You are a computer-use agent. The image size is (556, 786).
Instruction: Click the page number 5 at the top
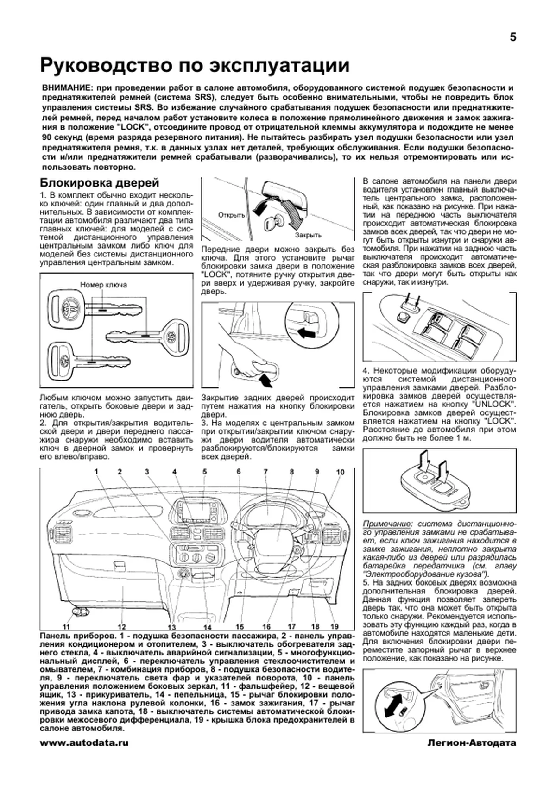[512, 37]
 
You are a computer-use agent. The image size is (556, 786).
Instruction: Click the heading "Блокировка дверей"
[100, 183]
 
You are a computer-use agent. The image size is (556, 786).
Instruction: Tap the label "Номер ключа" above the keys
[103, 285]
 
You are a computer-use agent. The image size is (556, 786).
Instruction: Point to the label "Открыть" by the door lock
[231, 215]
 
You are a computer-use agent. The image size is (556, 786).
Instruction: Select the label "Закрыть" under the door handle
[308, 235]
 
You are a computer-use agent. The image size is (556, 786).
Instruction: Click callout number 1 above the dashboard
[97, 472]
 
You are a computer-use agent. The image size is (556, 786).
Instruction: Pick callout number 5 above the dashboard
[204, 472]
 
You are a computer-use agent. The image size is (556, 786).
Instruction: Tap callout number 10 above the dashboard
[340, 472]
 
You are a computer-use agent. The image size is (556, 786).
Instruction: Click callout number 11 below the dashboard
[66, 627]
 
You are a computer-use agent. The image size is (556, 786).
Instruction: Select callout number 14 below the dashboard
[207, 627]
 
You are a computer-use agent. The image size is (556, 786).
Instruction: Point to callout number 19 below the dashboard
[335, 627]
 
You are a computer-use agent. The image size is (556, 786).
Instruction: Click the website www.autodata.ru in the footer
[84, 743]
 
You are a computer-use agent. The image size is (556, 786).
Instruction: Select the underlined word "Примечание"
[386, 524]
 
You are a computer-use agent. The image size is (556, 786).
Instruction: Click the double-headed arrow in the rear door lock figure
[392, 705]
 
